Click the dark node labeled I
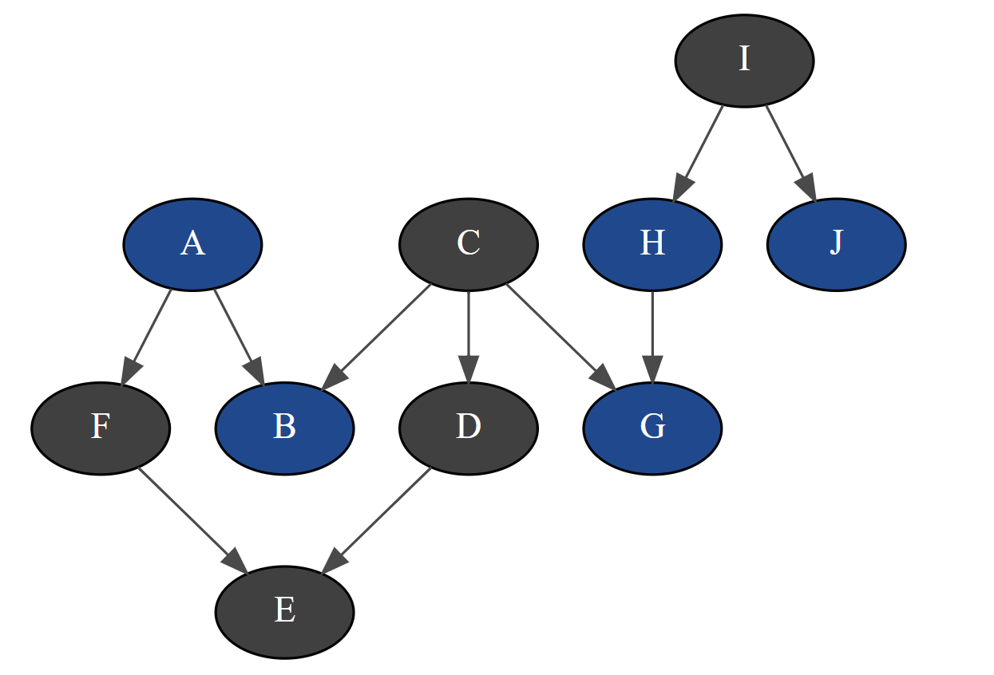click(744, 61)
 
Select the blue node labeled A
click(192, 244)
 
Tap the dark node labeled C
click(469, 244)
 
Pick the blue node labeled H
click(652, 244)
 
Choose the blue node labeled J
click(836, 244)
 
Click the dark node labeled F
click(101, 428)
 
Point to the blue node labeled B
click(284, 428)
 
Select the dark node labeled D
click(469, 428)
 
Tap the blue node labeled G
click(652, 428)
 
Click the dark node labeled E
click(284, 612)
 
